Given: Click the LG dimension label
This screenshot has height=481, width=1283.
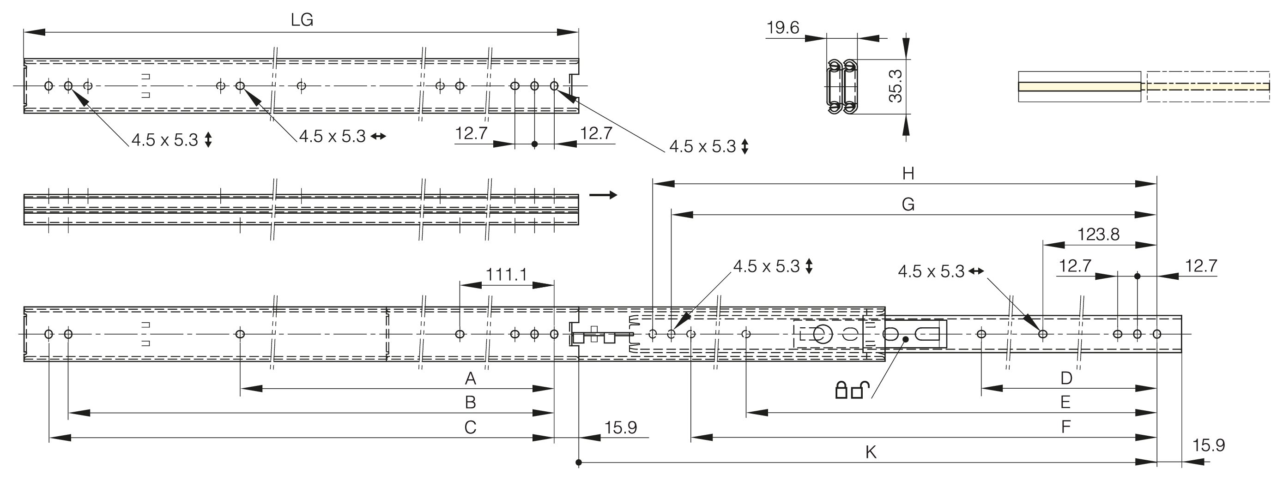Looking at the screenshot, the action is point(302,20).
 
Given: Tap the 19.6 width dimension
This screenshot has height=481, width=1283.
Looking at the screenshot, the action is point(782,28).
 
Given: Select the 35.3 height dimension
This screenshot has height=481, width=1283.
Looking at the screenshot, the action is point(896,86).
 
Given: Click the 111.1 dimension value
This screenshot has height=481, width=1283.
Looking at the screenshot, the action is point(506,274).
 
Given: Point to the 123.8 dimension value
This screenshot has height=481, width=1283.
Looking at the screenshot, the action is point(1098,234).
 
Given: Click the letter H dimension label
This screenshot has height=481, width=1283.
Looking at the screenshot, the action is point(908,174).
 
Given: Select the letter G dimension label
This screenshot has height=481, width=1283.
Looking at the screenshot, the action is point(908,204).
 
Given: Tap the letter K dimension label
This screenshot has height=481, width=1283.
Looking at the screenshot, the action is point(871,452).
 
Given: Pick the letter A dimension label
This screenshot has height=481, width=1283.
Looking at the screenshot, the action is point(470,379).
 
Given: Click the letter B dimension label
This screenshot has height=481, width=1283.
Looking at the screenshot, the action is point(470,403).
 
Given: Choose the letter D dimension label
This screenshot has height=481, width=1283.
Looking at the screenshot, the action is point(1066,379).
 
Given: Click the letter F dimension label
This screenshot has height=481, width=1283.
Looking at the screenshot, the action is point(1066,427).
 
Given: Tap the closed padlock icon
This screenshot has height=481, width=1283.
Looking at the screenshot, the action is point(841,390).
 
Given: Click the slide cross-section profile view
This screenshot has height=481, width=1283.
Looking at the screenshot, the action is point(842,87).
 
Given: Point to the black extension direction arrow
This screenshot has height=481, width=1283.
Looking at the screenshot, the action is point(603,195).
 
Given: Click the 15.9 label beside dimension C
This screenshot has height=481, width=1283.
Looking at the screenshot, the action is point(621,428).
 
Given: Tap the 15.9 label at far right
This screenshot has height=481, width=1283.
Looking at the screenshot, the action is point(1209,445).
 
